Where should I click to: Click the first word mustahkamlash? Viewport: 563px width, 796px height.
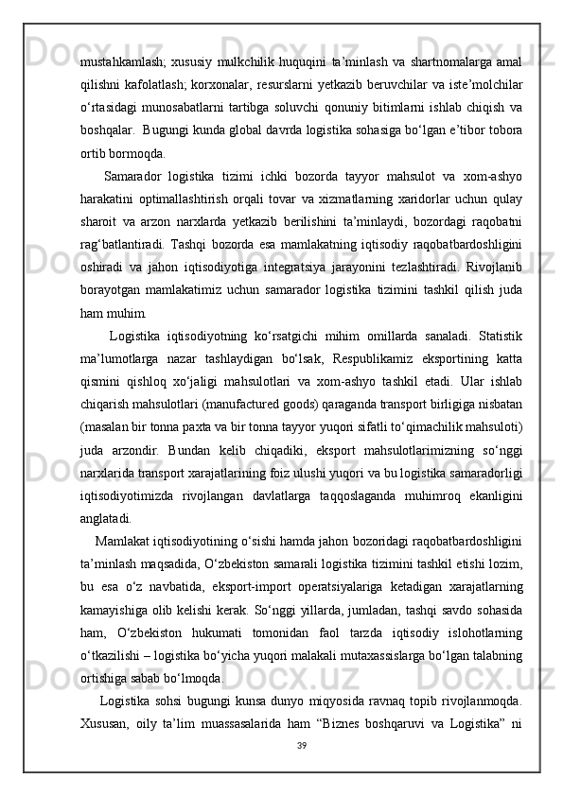[118, 49]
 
